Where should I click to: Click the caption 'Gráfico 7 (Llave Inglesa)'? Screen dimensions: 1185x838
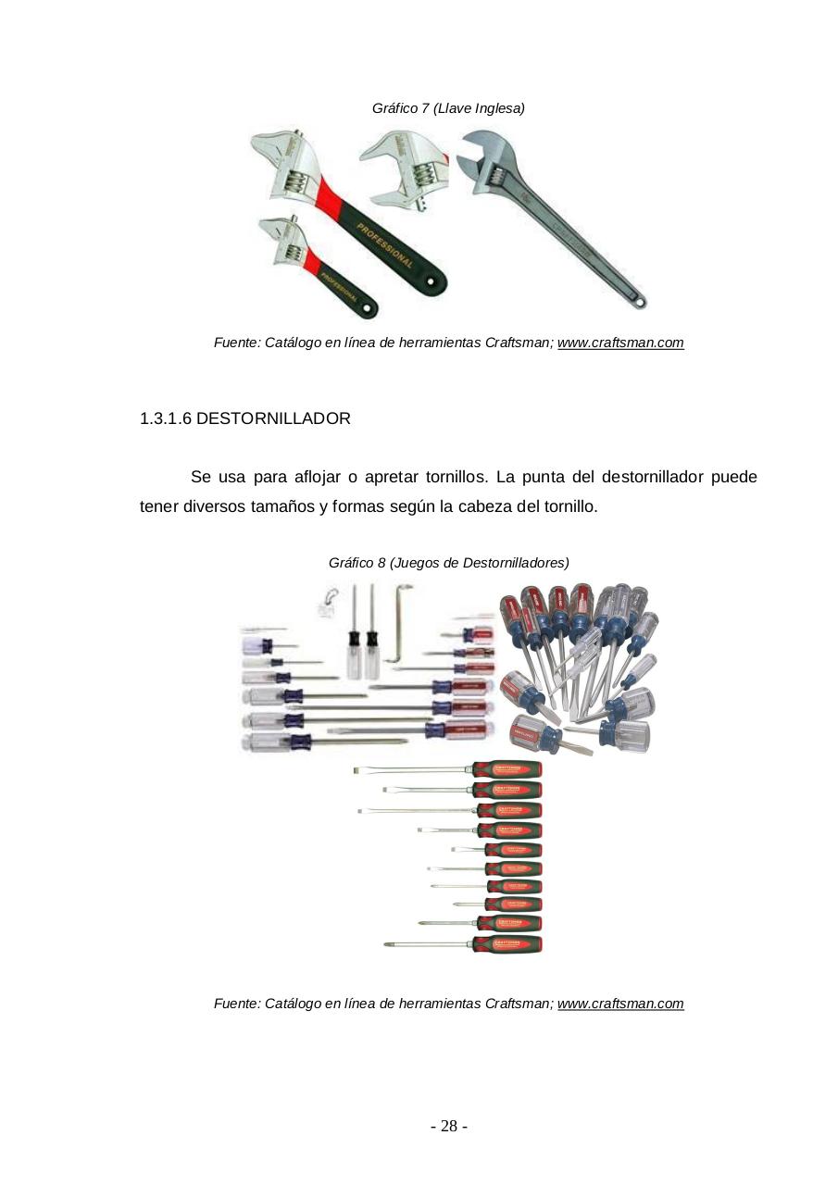pyautogui.click(x=448, y=108)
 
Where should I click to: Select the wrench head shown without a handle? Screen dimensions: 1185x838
pyautogui.click(x=405, y=168)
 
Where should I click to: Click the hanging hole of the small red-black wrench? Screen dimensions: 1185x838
pyautogui.click(x=369, y=308)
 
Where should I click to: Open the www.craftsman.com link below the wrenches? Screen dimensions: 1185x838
pyautogui.click(x=620, y=343)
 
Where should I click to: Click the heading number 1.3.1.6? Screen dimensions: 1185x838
pyautogui.click(x=165, y=418)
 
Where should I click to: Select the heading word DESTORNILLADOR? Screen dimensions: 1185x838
pyautogui.click(x=273, y=418)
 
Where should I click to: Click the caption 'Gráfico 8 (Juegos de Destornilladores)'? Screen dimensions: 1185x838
pyautogui.click(x=448, y=563)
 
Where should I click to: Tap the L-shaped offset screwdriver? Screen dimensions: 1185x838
pyautogui.click(x=398, y=625)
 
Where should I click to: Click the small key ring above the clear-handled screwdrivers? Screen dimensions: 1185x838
pyautogui.click(x=325, y=601)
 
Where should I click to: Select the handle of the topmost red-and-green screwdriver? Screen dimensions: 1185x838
pyautogui.click(x=507, y=768)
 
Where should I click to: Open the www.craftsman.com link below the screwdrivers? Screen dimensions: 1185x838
pyautogui.click(x=620, y=1004)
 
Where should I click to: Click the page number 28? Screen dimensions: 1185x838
pyautogui.click(x=448, y=1127)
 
